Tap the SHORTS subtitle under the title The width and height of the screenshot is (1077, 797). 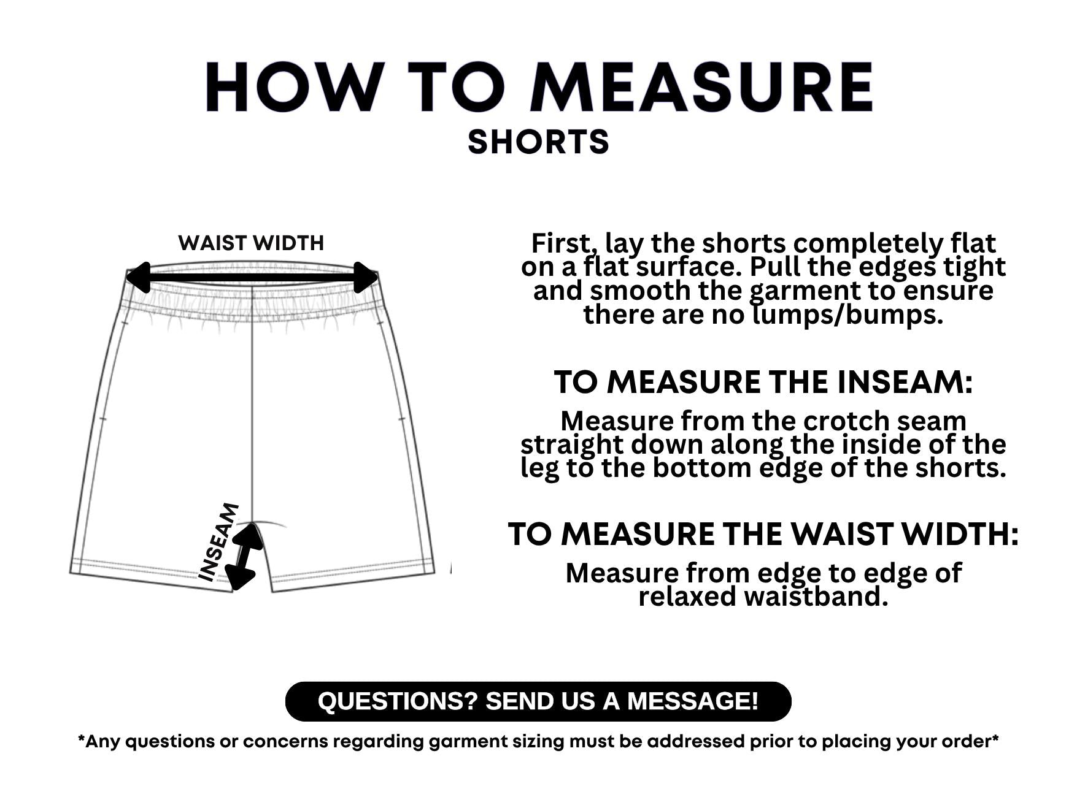[538, 142]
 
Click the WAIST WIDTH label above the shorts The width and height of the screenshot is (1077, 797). [251, 243]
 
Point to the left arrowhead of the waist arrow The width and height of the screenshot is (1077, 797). [138, 277]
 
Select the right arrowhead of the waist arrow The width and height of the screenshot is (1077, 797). [366, 277]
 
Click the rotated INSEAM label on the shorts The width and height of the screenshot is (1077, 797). [219, 542]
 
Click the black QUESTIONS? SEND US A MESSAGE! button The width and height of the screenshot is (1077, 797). [538, 701]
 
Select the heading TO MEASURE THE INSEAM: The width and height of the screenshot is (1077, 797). [763, 383]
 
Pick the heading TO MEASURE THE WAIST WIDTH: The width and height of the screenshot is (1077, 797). [763, 534]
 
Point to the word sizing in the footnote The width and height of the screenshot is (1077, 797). [536, 742]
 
